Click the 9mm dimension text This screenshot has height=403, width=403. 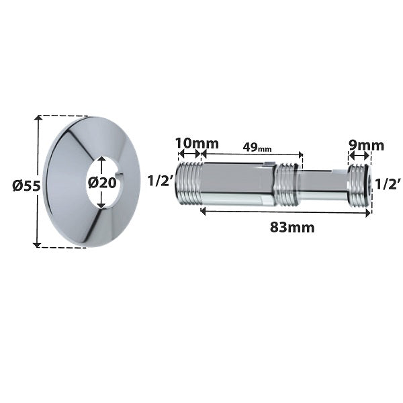click(x=365, y=144)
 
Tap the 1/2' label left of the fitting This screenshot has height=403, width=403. click(x=161, y=181)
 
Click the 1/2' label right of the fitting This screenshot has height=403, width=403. click(x=388, y=183)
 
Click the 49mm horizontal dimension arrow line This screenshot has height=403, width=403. click(x=253, y=154)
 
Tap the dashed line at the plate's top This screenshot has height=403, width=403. click(x=64, y=116)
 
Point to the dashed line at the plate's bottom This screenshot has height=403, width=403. click(x=64, y=247)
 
